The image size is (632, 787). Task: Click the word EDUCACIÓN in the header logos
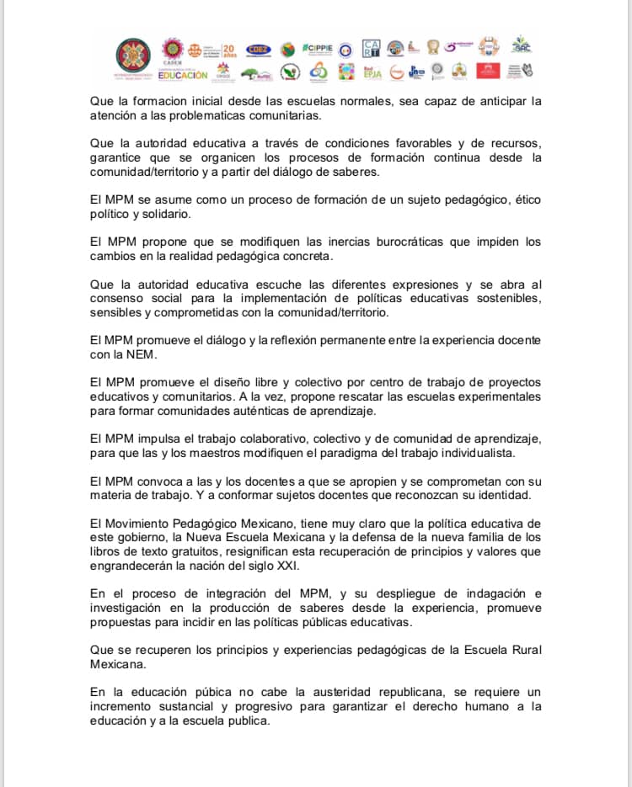(182, 75)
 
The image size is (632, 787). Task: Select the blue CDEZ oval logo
(258, 49)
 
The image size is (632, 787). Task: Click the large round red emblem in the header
(133, 59)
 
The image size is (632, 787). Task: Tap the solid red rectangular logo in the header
(488, 71)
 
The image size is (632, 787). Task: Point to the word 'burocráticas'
(402, 242)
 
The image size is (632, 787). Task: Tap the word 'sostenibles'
(504, 299)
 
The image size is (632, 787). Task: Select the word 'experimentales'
(500, 396)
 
